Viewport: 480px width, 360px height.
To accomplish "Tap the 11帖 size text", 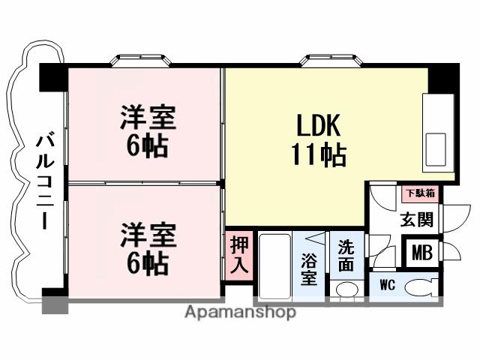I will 319,155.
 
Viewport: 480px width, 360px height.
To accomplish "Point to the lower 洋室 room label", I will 148,234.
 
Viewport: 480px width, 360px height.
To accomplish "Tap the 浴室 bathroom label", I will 310,269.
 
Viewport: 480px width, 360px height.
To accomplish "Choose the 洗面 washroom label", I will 346,254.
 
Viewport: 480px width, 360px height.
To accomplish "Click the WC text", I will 387,286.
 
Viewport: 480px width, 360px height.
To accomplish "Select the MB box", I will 421,252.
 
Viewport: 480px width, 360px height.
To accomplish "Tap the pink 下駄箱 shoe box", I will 421,193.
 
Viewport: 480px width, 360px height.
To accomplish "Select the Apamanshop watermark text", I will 239,312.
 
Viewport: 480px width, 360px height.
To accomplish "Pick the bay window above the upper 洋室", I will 142,61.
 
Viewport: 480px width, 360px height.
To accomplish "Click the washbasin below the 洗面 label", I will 346,289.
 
